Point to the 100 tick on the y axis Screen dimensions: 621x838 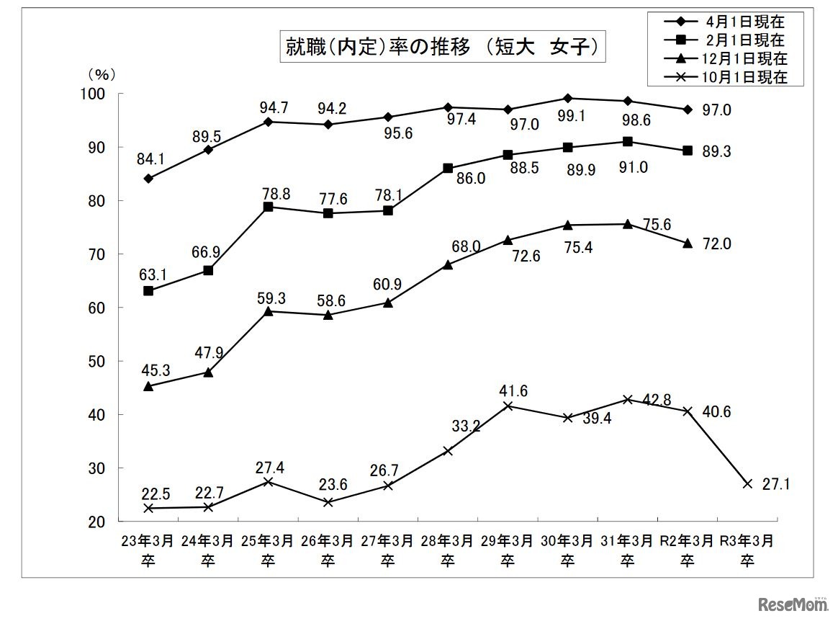pos(96,94)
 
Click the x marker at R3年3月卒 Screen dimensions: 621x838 pos(747,483)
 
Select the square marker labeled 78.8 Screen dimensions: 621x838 pos(268,207)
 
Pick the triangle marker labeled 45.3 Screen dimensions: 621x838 pos(148,386)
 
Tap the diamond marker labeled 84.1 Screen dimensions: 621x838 pos(148,178)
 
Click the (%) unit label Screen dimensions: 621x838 pos(102,73)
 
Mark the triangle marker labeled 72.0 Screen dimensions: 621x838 pos(688,244)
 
